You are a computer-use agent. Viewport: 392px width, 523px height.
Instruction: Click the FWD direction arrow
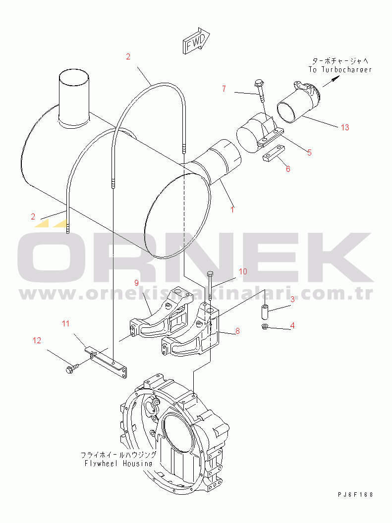[196, 41]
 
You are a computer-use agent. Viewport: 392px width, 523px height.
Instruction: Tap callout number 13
[345, 127]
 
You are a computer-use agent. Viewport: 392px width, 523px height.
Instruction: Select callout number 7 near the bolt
[224, 89]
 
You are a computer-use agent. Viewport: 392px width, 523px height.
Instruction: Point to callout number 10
[243, 271]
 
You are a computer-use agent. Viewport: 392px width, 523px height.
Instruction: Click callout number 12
[37, 340]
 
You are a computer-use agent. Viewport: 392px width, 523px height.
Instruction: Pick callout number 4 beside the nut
[292, 325]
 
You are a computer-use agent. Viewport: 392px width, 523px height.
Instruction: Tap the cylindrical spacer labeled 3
[265, 311]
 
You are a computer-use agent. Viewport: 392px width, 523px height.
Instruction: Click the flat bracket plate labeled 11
[106, 362]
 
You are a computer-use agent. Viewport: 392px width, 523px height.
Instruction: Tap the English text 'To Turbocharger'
[340, 70]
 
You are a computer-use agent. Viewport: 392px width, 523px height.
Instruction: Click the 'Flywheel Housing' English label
[118, 463]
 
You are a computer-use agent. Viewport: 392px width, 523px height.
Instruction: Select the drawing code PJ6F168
[355, 495]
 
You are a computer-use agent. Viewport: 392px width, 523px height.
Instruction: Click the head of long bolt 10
[210, 274]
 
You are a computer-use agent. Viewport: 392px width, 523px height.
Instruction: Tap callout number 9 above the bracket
[136, 283]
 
